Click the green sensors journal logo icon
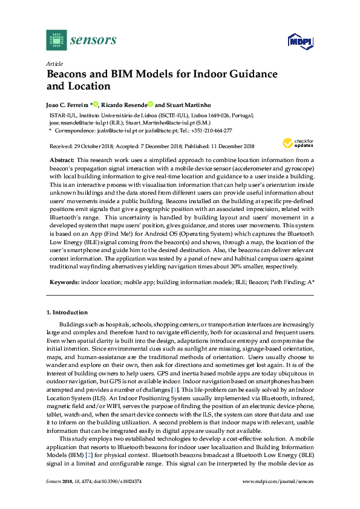[x=56, y=40]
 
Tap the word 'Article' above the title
[x=54, y=63]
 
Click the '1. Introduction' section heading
[x=67, y=313]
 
